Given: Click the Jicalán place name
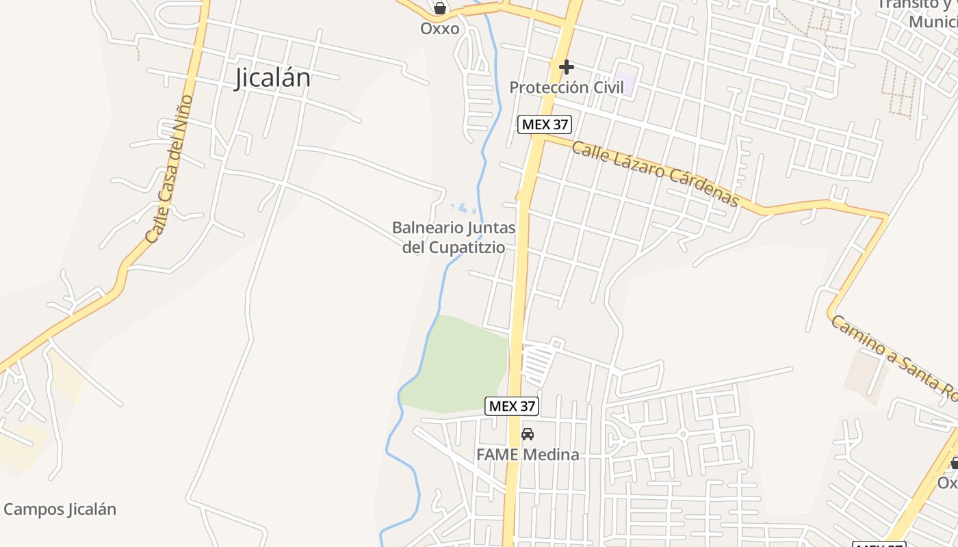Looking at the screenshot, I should pos(272,78).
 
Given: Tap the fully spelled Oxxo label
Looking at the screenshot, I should pos(439,29).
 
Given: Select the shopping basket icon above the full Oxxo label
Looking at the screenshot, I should pos(440,9).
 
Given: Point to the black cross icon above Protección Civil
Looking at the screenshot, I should pos(566,67).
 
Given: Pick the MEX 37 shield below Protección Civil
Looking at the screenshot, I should pos(545,124).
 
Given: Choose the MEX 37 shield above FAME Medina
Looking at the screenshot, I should pos(512,405).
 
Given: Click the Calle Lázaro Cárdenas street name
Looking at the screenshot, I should pos(655,173).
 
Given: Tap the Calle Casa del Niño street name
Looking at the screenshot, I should pos(169,170).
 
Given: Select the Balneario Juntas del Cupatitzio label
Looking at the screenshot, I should pos(453,237).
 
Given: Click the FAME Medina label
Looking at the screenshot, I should pos(528,454).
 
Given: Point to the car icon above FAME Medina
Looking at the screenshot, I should pos(528,433).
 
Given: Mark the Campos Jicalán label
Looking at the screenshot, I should pos(60,509).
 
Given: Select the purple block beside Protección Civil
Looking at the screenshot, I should pos(624,83).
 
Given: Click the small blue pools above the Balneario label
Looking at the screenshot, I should pos(463,206).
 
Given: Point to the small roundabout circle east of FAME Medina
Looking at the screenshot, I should pos(682,434).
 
